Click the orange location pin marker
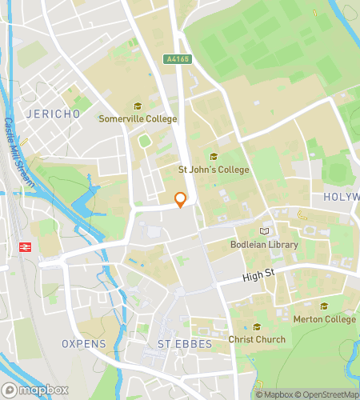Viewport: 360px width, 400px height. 181,199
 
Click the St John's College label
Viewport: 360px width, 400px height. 214,170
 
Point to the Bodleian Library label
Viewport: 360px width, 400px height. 264,245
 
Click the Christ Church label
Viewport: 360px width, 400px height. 257,339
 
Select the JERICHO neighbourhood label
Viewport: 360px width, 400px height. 54,114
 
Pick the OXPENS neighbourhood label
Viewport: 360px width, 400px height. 84,343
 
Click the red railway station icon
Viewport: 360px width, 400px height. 23,246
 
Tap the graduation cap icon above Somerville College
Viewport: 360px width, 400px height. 137,106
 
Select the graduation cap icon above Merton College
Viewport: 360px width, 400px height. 324,306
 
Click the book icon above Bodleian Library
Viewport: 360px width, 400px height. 265,232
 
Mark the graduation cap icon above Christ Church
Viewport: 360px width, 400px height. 257,326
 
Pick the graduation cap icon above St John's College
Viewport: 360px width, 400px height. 214,157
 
